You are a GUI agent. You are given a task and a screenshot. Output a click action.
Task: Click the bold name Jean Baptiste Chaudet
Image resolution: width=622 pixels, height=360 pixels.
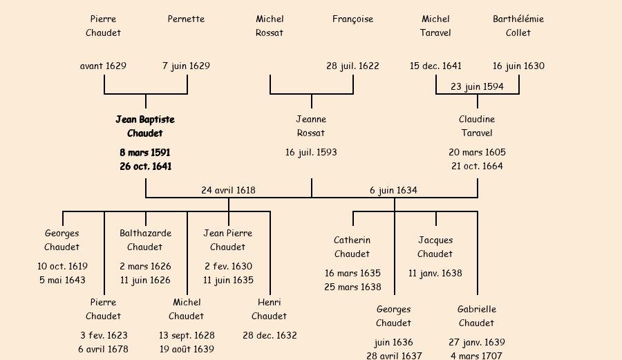coord(145,126)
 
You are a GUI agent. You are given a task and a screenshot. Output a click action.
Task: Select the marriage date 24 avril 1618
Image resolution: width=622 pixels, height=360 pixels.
coord(228,190)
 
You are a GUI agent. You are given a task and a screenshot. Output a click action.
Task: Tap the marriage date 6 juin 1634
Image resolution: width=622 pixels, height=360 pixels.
coord(393,190)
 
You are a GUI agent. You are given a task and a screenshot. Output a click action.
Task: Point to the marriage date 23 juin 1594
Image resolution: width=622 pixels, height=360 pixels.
coord(477,86)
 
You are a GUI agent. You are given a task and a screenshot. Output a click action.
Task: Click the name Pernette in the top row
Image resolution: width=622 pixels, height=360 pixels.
coord(186,19)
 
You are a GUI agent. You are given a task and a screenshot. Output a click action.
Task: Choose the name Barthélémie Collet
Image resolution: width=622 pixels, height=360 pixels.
coord(518,26)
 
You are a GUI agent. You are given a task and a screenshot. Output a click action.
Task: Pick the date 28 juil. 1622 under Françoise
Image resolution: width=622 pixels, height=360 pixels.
coord(352,66)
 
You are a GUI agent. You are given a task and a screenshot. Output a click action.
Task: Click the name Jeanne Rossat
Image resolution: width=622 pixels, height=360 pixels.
coord(311,126)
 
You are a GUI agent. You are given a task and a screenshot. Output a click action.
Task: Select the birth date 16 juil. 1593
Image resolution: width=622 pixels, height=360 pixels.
coord(311,152)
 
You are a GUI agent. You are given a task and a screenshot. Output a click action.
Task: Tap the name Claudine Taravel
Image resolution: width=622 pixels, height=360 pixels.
coord(477,126)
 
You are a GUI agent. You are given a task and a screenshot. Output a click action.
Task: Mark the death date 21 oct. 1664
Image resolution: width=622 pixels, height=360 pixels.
coord(477,166)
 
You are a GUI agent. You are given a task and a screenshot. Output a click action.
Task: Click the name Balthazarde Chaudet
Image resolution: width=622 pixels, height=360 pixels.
coord(145,240)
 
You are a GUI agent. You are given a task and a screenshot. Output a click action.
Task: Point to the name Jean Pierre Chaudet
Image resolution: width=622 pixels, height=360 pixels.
coord(228,240)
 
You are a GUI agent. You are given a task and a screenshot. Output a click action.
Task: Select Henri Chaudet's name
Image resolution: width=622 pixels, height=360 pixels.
coord(269,309)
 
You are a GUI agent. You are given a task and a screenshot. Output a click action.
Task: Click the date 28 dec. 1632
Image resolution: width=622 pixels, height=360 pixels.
coord(270,335)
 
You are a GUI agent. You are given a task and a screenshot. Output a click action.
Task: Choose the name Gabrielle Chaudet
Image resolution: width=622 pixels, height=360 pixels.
coord(477,316)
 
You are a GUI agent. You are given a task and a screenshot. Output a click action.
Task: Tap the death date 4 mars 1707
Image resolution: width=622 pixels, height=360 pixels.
coord(477,356)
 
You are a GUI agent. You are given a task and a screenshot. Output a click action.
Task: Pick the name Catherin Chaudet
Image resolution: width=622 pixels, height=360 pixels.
coord(352,247)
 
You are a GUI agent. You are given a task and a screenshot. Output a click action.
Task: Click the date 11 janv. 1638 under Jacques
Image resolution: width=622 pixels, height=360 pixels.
coord(435,273)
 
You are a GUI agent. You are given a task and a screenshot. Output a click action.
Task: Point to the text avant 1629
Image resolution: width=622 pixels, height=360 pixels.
coord(103,66)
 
